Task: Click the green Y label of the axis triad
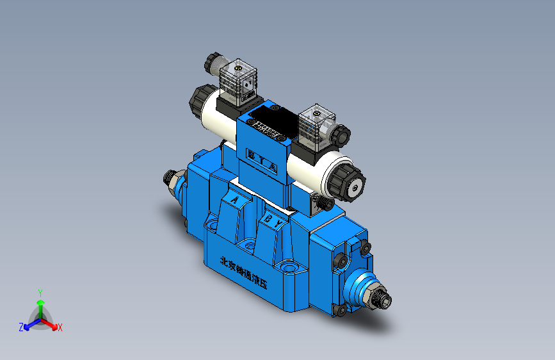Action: (x=40, y=291)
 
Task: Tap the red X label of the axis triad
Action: (x=60, y=327)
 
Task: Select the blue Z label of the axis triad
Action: (x=21, y=327)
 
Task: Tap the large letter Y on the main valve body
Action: (x=279, y=225)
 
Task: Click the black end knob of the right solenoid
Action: (x=345, y=181)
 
